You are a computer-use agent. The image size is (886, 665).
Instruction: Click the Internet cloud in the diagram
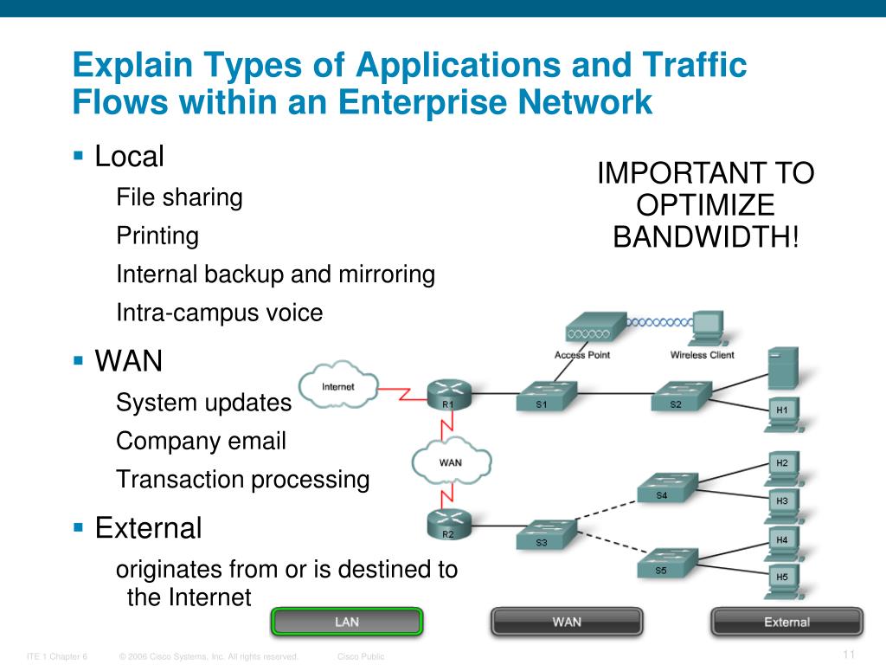[x=337, y=387]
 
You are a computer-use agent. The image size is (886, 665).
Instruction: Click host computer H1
[x=782, y=410]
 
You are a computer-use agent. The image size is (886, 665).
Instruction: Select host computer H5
[x=782, y=578]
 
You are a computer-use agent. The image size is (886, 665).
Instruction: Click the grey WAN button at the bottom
[x=567, y=622]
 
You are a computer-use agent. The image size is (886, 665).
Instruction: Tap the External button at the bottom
[x=786, y=622]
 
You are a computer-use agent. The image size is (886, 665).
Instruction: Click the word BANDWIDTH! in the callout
[x=705, y=236]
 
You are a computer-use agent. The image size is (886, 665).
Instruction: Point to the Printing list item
[x=157, y=236]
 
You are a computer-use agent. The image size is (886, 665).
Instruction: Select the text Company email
[x=201, y=441]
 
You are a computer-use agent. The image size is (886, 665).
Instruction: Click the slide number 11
[x=848, y=654]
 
